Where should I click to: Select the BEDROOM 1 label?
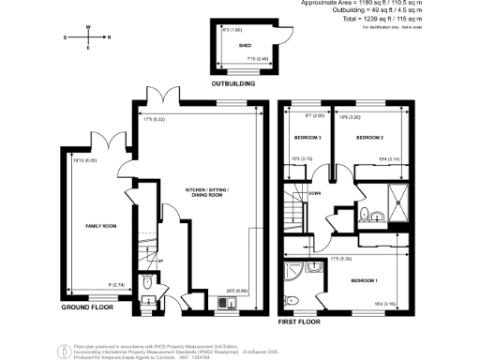tap(365, 280)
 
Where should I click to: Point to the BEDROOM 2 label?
tap(369, 138)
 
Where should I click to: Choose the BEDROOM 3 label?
tap(307, 138)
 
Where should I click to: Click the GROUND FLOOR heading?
tap(88, 307)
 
